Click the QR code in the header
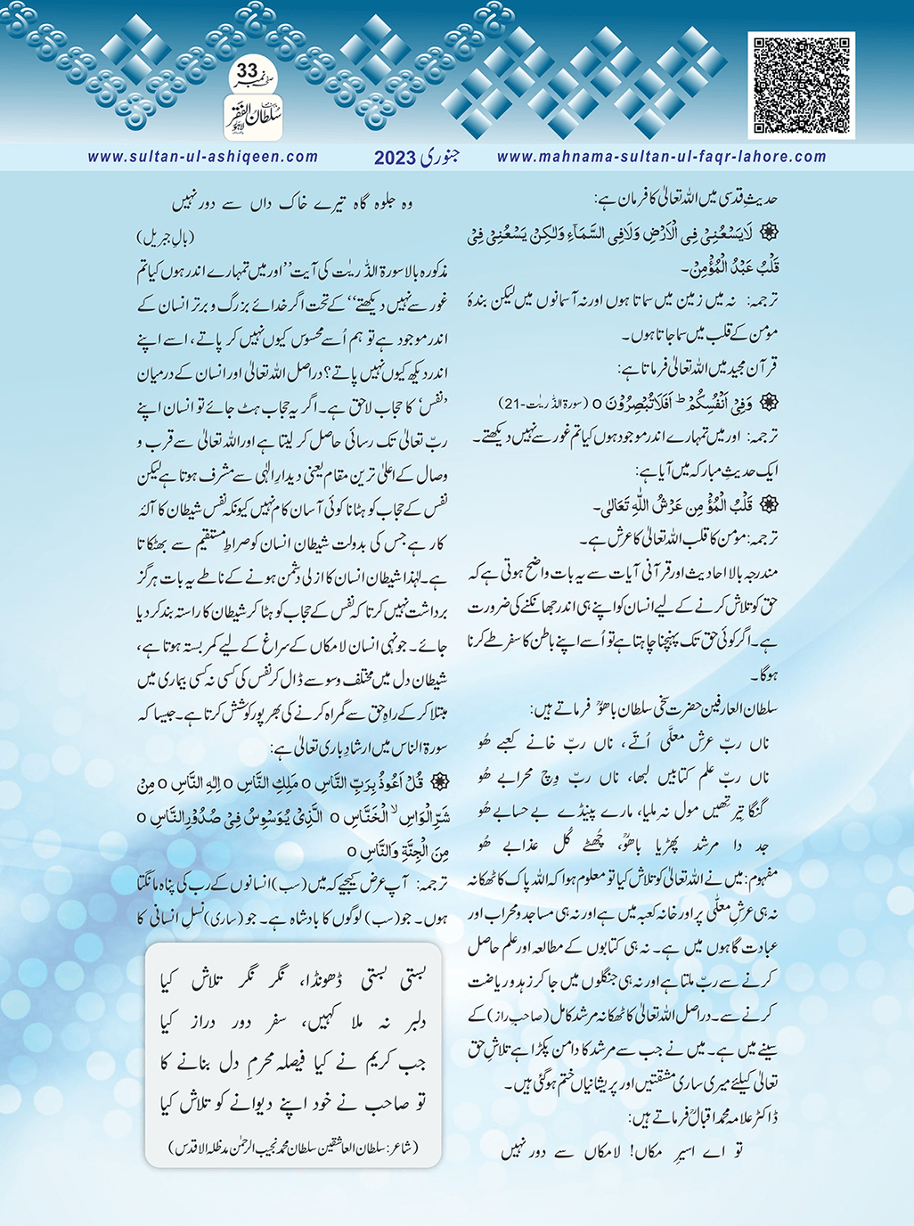801,86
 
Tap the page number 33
248,70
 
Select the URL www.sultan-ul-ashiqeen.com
202,157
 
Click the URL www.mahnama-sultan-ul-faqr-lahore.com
661,157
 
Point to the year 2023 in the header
395,159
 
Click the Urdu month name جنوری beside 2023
440,157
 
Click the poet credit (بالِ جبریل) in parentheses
166,238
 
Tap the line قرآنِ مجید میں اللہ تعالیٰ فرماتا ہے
698,368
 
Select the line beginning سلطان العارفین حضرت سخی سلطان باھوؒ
654,709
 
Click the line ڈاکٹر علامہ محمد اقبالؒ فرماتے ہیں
703,1117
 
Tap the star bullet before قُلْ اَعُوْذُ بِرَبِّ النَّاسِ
437,781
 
